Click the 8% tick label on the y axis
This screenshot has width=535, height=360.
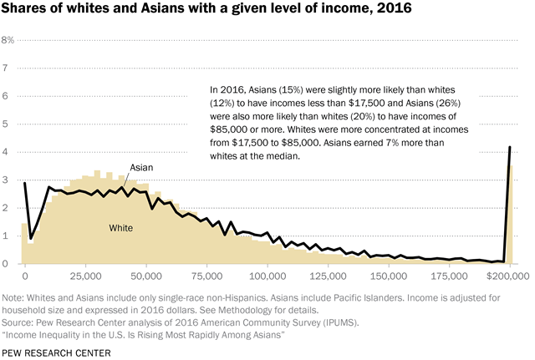pos(8,39)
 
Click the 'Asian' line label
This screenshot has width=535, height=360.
pos(141,168)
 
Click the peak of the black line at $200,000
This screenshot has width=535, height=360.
pos(510,148)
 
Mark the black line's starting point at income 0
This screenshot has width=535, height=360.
pos(24,183)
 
